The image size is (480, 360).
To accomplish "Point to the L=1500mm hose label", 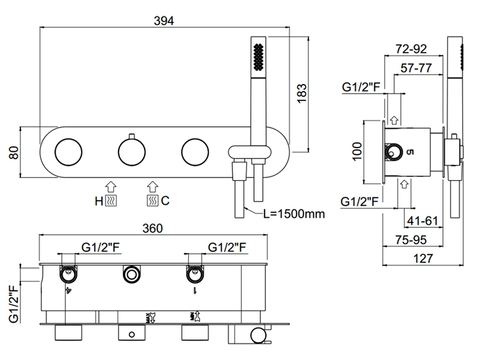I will [x=293, y=214].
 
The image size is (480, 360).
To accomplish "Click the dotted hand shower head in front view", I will [x=258, y=56].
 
